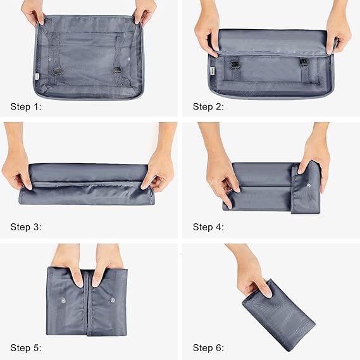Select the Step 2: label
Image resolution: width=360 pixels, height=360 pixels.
pyautogui.click(x=208, y=106)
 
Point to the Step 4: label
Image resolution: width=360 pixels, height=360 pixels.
pyautogui.click(x=208, y=227)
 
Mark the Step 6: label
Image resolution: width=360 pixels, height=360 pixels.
pyautogui.click(x=208, y=347)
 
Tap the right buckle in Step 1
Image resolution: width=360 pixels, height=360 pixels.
pyautogui.click(x=118, y=69)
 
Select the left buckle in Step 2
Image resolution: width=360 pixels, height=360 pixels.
pyautogui.click(x=235, y=63)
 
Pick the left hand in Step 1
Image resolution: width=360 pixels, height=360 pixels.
pyautogui.click(x=32, y=11)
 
